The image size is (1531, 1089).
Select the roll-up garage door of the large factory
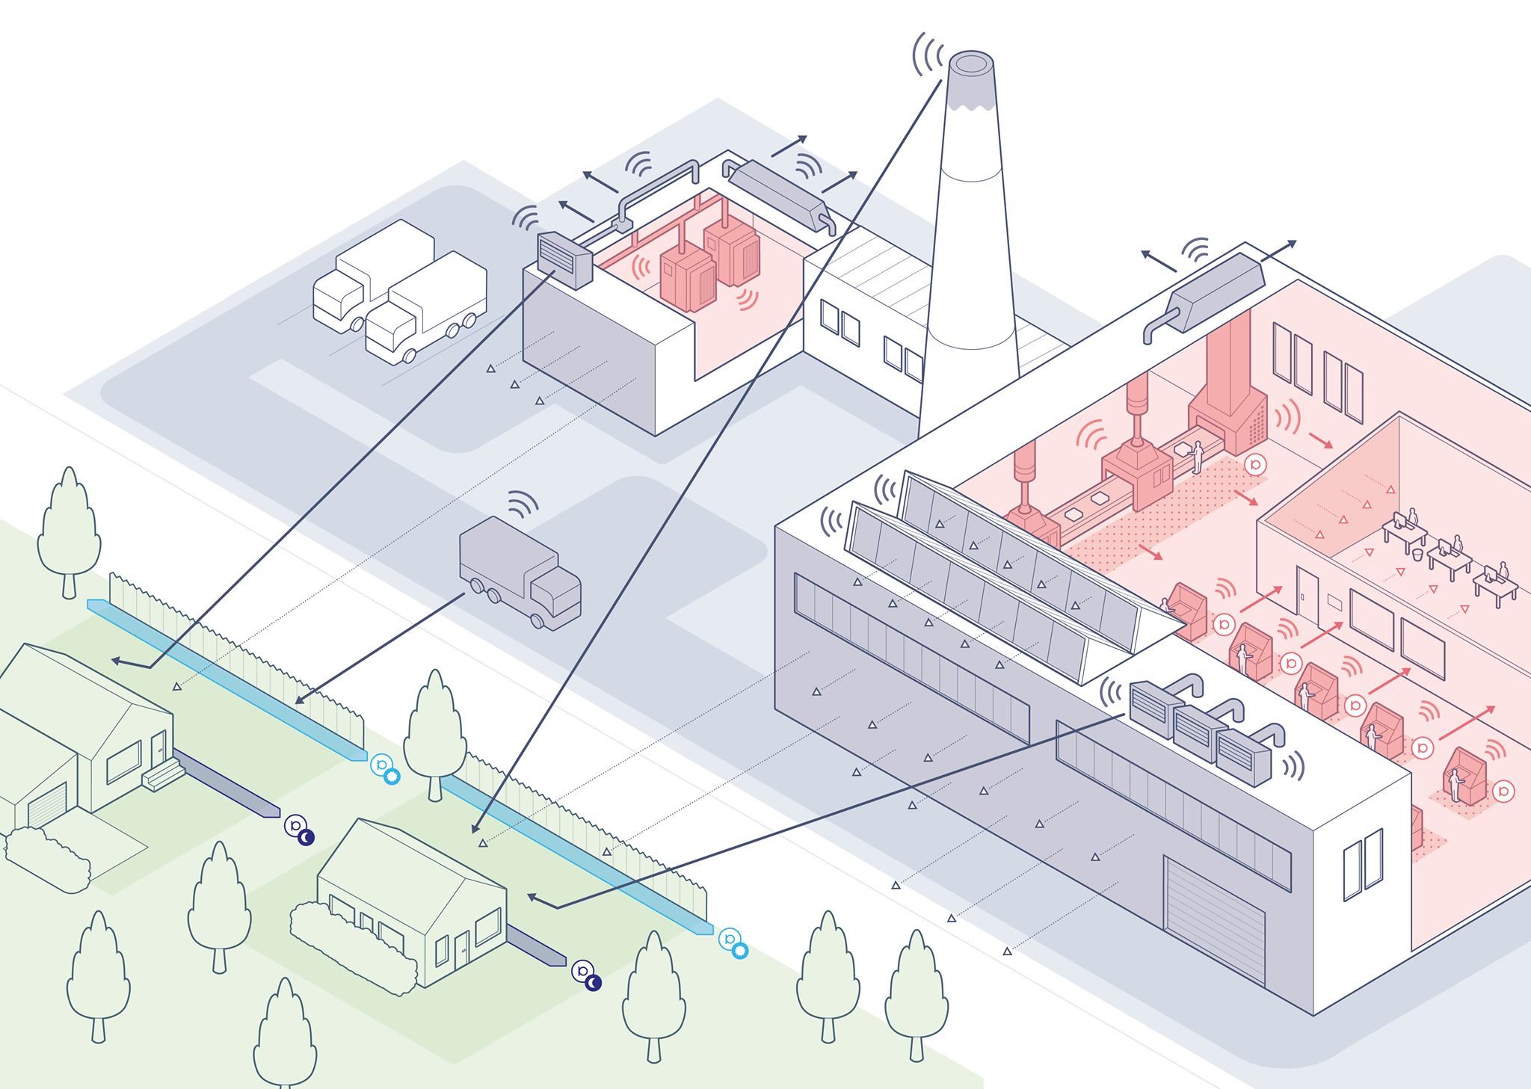(1214, 920)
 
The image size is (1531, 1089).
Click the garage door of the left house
(47, 806)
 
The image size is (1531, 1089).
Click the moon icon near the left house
(306, 838)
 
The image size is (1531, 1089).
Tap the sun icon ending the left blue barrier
(392, 776)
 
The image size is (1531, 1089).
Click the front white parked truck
(426, 310)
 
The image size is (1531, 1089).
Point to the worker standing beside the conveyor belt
(1196, 456)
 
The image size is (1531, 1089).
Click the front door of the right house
(460, 950)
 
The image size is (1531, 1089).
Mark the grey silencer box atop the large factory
(1217, 292)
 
